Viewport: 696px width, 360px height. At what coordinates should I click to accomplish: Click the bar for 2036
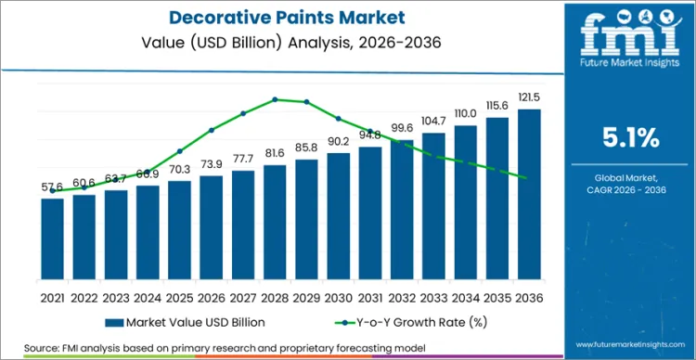click(529, 194)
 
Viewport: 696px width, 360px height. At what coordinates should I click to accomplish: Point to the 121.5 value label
click(529, 98)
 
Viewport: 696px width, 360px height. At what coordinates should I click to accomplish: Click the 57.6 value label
click(53, 187)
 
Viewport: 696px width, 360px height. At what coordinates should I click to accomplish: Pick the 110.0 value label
click(466, 113)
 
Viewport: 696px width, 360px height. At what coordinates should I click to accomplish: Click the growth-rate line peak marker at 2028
click(275, 99)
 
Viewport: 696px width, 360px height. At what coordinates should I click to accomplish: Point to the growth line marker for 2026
click(212, 130)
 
